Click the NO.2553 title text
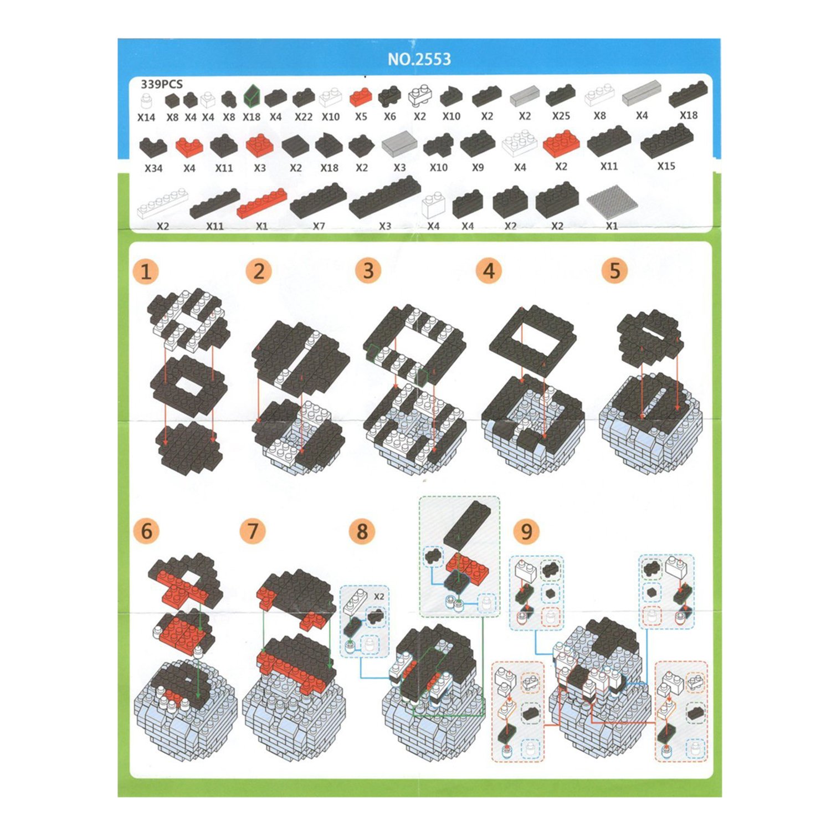(x=419, y=59)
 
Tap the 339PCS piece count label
(x=161, y=84)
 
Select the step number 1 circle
(x=146, y=272)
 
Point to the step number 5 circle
(x=615, y=271)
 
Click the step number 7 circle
(x=253, y=531)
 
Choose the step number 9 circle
(x=526, y=531)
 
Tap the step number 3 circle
(x=368, y=271)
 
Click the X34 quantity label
(x=153, y=168)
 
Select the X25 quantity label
(x=561, y=116)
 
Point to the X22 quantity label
(x=304, y=117)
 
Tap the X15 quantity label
(x=666, y=166)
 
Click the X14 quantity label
(x=146, y=117)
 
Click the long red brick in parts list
(x=261, y=203)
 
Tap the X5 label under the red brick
(x=361, y=117)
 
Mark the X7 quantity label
(x=319, y=226)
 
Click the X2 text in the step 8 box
(x=379, y=597)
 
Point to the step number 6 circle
(x=146, y=531)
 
